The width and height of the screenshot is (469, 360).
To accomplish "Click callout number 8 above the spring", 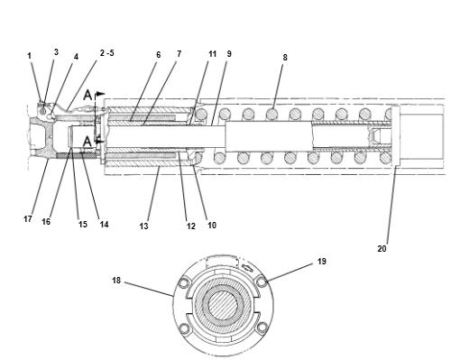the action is (285, 57).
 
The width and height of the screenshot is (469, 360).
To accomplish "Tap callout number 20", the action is (382, 249).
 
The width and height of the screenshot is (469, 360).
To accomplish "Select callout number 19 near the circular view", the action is (322, 262).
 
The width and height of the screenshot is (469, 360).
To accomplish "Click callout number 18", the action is (116, 281).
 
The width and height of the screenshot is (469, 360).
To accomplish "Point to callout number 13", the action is (144, 226).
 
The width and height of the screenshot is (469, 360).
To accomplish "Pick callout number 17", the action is (28, 219).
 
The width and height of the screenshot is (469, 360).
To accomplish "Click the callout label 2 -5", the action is (107, 53).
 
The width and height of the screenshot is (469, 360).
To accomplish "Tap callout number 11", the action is (213, 54).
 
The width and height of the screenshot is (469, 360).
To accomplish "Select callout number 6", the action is (159, 55).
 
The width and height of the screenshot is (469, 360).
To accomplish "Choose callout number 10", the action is (212, 225).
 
